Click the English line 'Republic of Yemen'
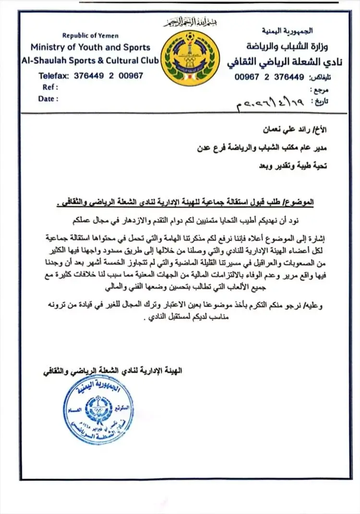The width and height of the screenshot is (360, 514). (x=90, y=36)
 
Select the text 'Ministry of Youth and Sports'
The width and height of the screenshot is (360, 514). (x=90, y=47)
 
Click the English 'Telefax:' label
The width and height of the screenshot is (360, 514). (x=54, y=75)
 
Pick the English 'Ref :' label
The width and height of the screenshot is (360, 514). (x=50, y=87)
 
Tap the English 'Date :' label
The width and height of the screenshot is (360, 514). (x=48, y=98)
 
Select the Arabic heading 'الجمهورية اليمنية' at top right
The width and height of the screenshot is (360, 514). (x=288, y=31)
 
